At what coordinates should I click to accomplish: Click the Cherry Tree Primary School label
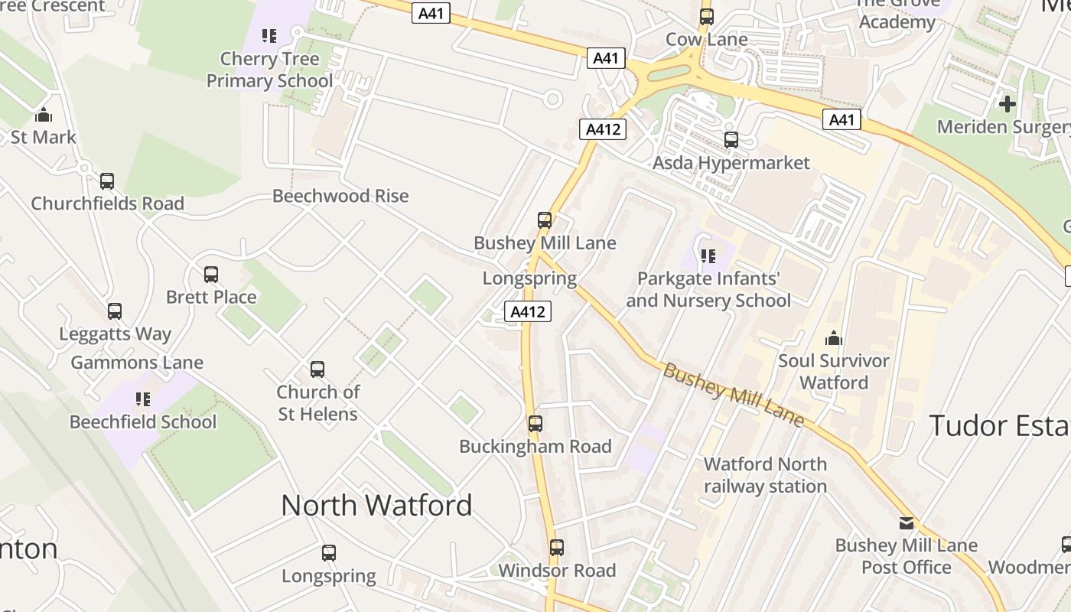pos(269,70)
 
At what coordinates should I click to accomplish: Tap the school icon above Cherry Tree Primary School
pos(269,36)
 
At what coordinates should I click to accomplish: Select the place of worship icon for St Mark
pos(44,115)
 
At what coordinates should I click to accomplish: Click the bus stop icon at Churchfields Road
pos(107,181)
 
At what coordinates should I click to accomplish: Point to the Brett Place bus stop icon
pos(211,274)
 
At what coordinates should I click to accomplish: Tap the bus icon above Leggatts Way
pos(115,311)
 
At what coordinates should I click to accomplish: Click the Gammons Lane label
pos(137,363)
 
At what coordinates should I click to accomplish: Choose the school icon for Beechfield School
pos(143,399)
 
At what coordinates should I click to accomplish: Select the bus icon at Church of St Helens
pos(317,369)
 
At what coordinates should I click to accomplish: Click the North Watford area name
pos(376,506)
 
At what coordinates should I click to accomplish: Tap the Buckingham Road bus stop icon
pos(535,423)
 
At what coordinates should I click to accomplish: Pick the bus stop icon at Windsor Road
pos(557,548)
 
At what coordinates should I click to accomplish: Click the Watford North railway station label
pos(765,475)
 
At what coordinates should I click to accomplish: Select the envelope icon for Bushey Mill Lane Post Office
pos(907,523)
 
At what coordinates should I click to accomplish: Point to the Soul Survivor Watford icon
pos(834,338)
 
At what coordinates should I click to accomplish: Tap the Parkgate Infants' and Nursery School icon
pos(708,256)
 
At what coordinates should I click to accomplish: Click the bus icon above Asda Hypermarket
pos(731,140)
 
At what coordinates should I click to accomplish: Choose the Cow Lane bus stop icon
pos(707,17)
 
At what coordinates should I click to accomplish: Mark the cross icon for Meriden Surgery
pos(1008,103)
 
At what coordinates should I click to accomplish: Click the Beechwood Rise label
pos(340,196)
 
